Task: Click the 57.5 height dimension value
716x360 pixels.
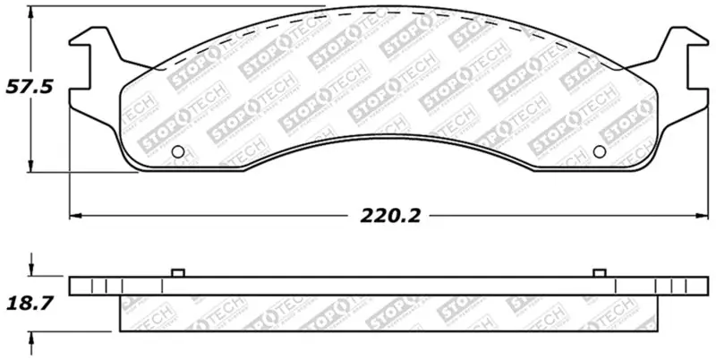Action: pos(26,90)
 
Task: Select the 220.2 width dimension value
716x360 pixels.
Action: pos(391,216)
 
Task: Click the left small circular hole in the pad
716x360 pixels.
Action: pos(177,150)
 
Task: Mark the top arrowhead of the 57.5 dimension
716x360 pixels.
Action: pos(32,11)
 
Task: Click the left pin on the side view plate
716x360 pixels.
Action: pos(176,272)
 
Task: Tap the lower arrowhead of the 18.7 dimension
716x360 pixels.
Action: pos(32,335)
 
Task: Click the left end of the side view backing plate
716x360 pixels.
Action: pos(72,287)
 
